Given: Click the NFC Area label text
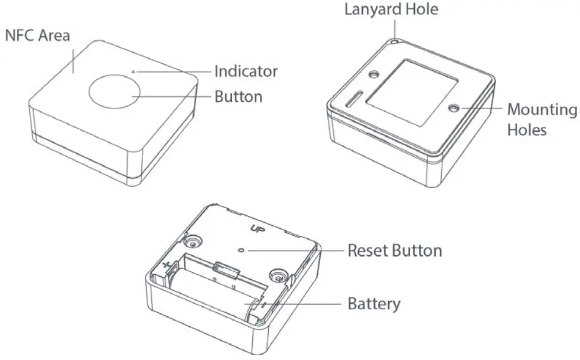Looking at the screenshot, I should [x=38, y=35].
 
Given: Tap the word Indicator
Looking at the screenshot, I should [x=246, y=72].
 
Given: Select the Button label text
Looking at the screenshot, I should [x=238, y=96].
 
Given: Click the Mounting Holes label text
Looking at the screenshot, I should [x=541, y=119].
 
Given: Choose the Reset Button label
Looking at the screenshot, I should [x=395, y=250].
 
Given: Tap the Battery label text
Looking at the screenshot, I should [x=374, y=304].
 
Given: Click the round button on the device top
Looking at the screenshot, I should [x=114, y=93].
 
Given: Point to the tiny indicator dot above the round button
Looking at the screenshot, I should [x=134, y=72].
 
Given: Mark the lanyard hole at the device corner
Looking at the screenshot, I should [x=395, y=42].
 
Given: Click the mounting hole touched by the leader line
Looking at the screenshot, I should [x=455, y=108].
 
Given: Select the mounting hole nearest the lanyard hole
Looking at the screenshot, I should [x=375, y=75].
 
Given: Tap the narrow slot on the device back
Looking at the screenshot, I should [x=353, y=100].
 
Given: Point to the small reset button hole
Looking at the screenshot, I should [x=240, y=251].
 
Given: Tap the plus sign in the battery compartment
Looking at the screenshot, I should [x=166, y=263].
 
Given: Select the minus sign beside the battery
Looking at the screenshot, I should [x=263, y=305].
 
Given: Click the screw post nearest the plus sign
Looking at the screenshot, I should [x=193, y=241].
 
